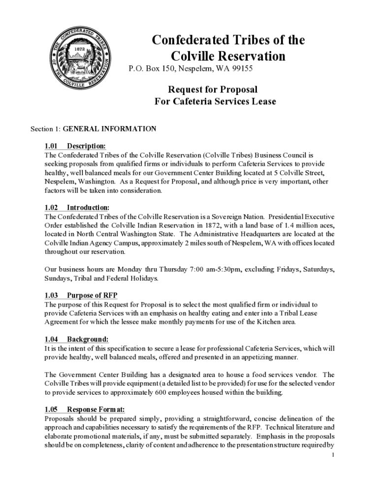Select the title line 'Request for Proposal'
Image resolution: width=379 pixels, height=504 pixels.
coord(213,90)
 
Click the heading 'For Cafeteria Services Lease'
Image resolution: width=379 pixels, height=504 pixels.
coord(215,102)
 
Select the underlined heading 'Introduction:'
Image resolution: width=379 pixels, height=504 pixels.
coord(88,208)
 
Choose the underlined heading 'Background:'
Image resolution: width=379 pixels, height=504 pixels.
coord(88,340)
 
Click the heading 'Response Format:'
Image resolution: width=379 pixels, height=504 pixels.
coord(95,409)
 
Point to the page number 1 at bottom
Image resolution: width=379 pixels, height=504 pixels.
coord(333,455)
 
